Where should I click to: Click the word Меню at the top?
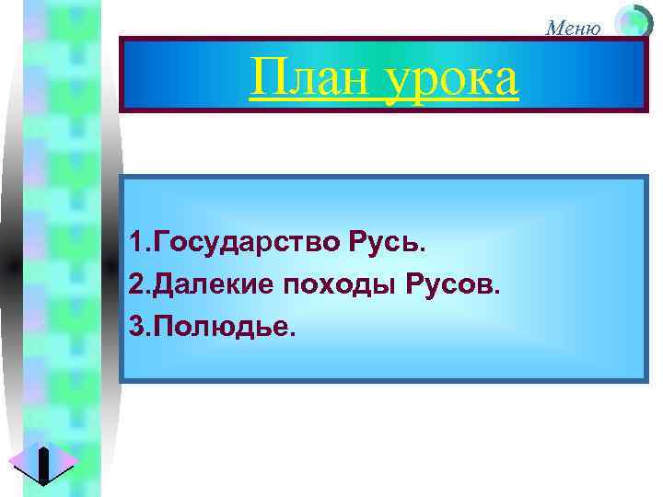pos(573,27)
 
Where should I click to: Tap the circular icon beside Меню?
pos(633,22)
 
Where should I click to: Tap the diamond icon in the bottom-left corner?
pos(43,462)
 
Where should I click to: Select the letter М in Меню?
pos(553,27)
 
